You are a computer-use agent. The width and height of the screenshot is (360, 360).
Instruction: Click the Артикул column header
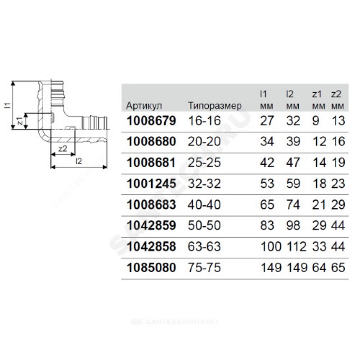pos(144,106)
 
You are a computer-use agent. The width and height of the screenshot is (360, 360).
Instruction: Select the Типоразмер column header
pos(215,106)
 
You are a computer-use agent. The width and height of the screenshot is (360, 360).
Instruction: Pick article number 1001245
pos(151,183)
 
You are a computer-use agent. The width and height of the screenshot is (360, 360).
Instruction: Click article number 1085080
pos(151,268)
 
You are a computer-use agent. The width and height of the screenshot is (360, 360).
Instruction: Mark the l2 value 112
pos(295,247)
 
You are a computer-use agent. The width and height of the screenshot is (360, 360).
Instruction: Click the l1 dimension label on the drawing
pos(8,106)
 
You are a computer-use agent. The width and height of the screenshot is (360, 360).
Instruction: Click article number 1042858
pos(151,247)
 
